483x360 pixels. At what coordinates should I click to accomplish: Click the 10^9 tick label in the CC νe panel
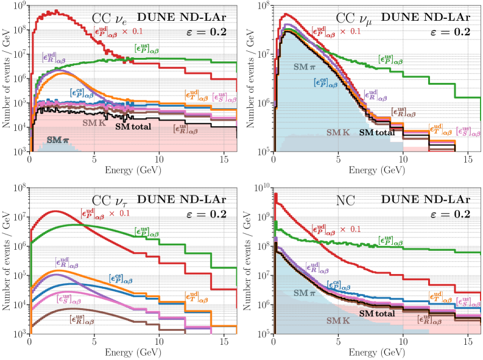[18, 6]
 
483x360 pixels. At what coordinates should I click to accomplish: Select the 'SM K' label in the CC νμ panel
[339, 132]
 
